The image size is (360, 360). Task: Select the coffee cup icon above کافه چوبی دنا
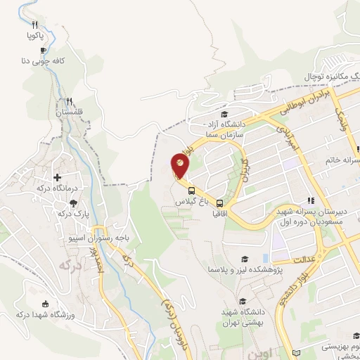[x=43, y=51]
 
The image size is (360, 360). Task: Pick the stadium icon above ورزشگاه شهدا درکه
[x=46, y=304]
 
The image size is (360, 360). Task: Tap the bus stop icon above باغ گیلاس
[x=191, y=190]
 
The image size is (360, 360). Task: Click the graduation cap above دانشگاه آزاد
[x=224, y=115]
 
